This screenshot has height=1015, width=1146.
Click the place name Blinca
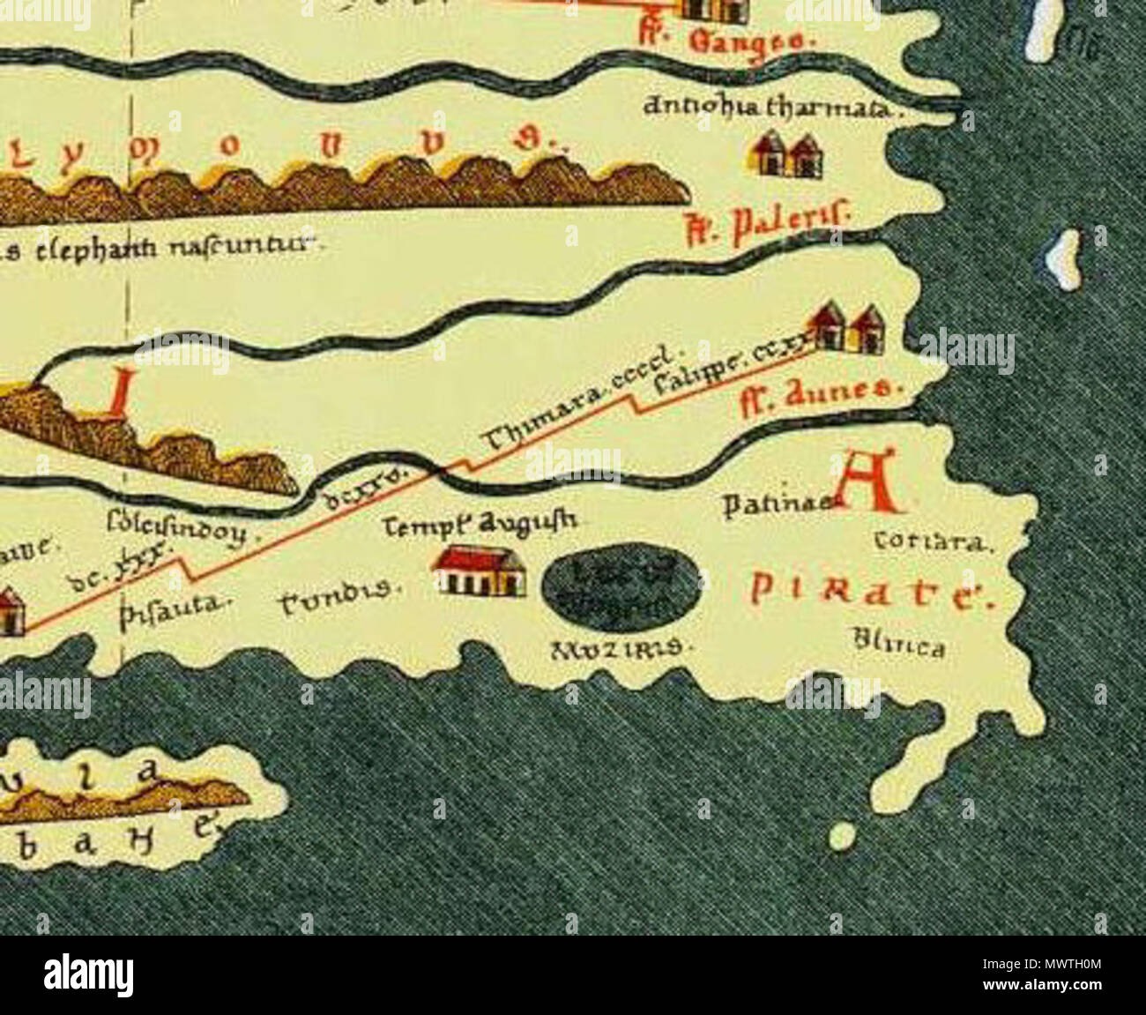tap(899, 647)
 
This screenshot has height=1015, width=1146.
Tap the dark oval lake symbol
tap(621, 583)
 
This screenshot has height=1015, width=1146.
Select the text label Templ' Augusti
tap(481, 524)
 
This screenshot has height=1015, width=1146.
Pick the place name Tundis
tap(340, 602)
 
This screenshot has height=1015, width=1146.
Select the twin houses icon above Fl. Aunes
tap(847, 327)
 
